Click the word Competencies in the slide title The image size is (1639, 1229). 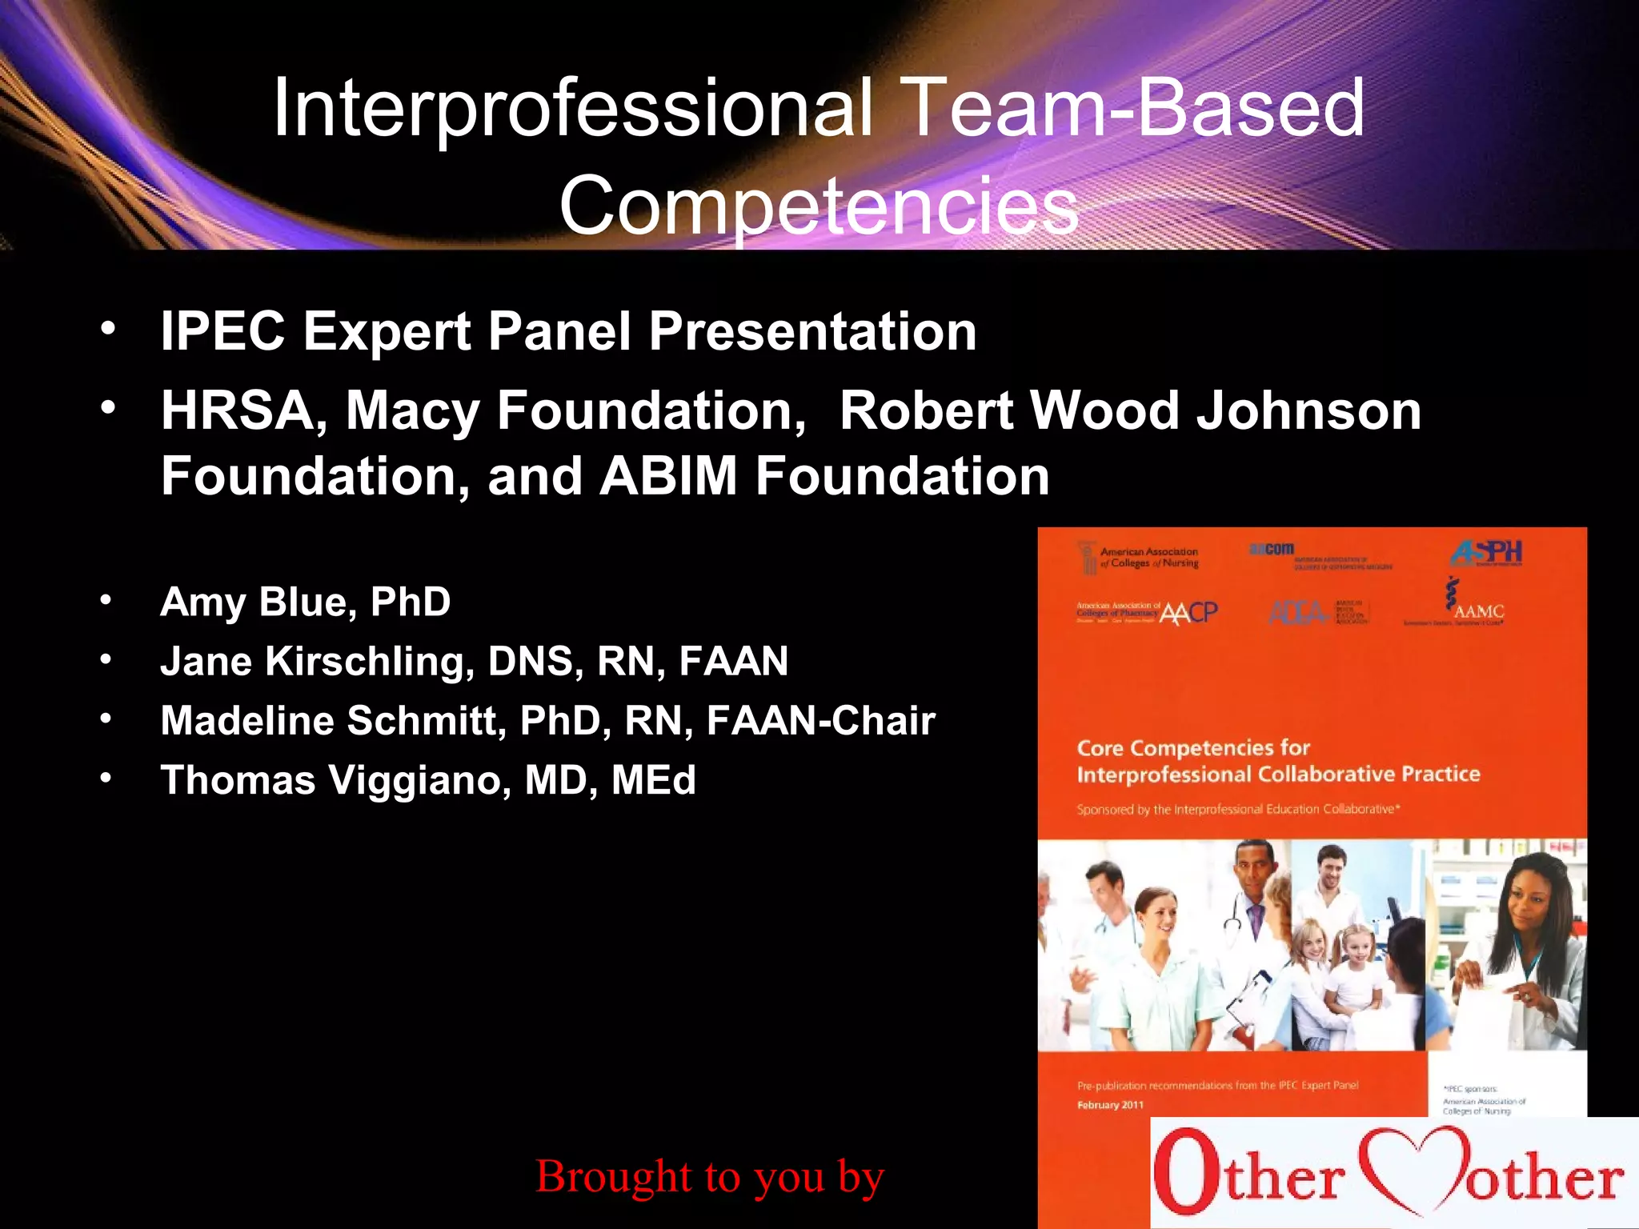(819, 206)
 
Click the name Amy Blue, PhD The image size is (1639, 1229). (305, 602)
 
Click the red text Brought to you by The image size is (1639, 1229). (709, 1176)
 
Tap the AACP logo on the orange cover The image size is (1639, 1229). (1188, 613)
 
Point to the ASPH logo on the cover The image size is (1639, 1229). (1486, 552)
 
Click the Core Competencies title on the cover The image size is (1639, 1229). (1277, 761)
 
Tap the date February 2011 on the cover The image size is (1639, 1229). (1110, 1105)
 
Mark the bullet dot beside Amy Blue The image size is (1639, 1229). (106, 601)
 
